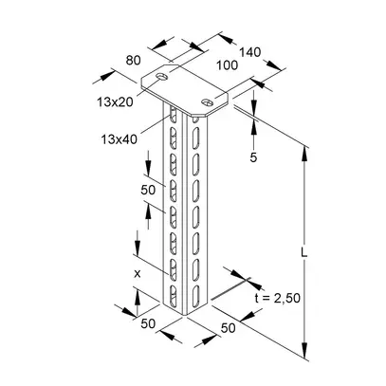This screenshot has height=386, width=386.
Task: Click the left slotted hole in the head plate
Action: click(x=163, y=76)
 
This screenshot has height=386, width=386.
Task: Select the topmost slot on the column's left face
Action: click(x=173, y=119)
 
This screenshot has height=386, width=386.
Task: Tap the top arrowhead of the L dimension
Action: click(x=304, y=146)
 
